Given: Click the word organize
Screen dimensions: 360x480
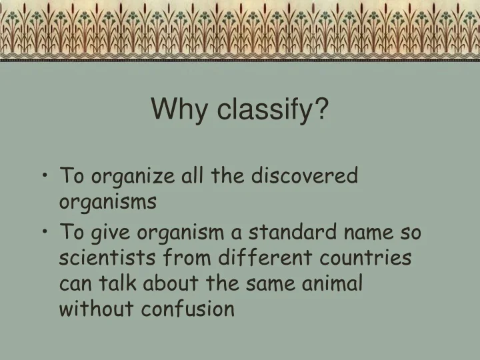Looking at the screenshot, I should pyautogui.click(x=125, y=177).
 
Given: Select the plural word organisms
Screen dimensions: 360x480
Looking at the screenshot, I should pyautogui.click(x=108, y=201).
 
